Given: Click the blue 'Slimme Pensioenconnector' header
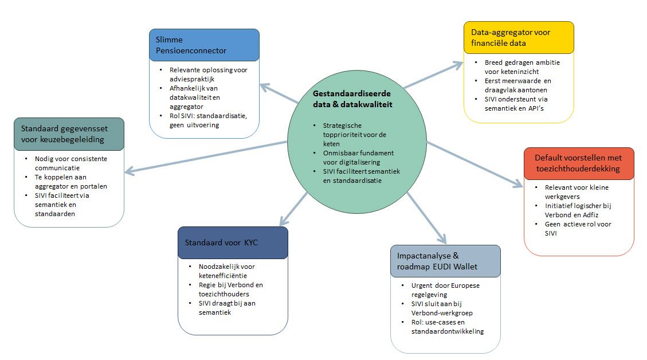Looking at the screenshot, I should tap(204, 45).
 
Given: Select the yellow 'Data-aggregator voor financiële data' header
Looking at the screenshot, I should tap(519, 37).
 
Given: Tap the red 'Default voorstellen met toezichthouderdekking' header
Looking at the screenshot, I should tap(579, 163).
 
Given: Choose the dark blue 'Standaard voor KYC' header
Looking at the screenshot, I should tap(233, 242).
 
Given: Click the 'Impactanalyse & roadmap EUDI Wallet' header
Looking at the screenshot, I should tap(445, 261).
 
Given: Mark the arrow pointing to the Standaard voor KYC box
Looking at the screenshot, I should tap(293, 209).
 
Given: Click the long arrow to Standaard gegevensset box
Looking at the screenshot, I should tap(206, 156).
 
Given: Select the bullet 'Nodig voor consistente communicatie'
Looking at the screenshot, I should tap(70, 163).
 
